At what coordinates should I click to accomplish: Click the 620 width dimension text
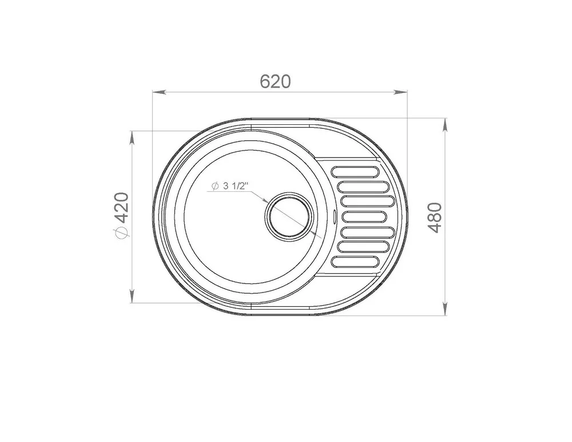(276, 81)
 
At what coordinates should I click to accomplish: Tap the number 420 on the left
(122, 208)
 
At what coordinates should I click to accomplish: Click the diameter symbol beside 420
(122, 232)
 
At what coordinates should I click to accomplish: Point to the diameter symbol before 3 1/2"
(215, 186)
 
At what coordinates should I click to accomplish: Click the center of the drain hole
(288, 216)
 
